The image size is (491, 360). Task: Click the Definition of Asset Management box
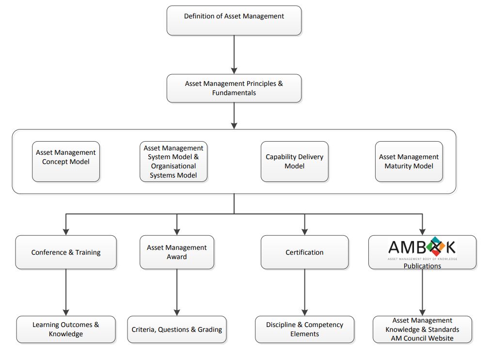[x=234, y=20]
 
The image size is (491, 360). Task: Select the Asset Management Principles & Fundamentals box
[x=234, y=88]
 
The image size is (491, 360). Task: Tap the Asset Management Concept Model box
[x=66, y=162]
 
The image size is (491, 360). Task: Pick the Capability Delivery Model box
[x=294, y=162]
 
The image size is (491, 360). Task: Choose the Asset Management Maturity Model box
[x=409, y=162]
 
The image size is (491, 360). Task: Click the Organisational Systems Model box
[x=174, y=162]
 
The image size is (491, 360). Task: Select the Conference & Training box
[x=66, y=252]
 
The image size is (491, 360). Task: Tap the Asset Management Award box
[x=177, y=252]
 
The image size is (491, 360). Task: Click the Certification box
[x=304, y=252]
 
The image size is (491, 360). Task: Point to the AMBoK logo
[x=422, y=248]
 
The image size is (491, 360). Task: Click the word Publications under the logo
[x=422, y=266]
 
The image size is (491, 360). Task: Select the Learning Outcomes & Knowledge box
[x=66, y=329]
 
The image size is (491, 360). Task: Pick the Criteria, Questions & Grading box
[x=177, y=329]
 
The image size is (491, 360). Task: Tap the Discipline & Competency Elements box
[x=304, y=329]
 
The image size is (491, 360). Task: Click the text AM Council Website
[x=422, y=338]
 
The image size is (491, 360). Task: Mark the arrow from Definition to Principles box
[x=234, y=54]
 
